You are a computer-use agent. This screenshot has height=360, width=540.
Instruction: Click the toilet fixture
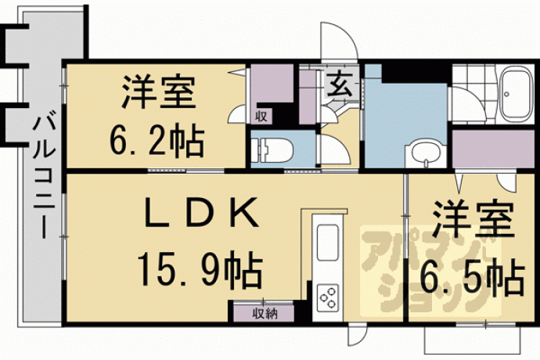coord(272,149)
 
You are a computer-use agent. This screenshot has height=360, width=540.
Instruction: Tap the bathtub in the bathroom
coord(517,93)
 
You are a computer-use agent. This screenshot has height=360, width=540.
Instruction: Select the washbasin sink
coord(426,154)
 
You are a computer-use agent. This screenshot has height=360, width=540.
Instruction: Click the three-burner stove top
coord(327,297)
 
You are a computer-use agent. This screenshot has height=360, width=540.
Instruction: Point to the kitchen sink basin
coord(327,243)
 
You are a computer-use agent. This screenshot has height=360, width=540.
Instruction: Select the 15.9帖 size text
coord(200,269)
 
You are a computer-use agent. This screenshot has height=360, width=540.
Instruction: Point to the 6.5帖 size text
coord(473,279)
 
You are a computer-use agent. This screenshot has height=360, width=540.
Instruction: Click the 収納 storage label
coord(265,314)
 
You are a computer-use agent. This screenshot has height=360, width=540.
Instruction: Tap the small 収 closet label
coord(261,117)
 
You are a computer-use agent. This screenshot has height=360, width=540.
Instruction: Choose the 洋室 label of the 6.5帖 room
coord(473,221)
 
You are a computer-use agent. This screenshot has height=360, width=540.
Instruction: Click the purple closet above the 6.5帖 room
coord(493,149)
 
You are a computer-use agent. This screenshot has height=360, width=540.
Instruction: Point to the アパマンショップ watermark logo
coord(431,271)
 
